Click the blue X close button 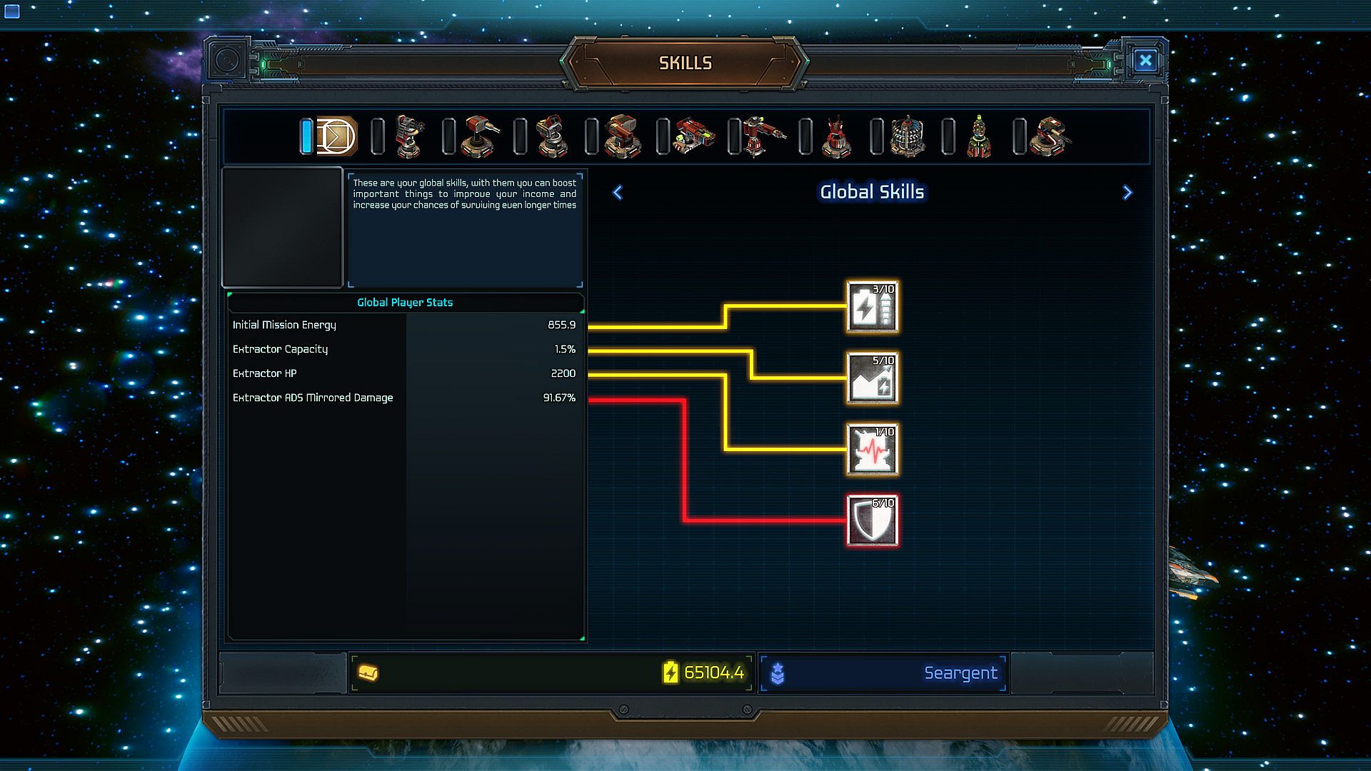(x=1145, y=61)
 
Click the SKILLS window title (x=685, y=63)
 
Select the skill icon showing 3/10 (x=873, y=307)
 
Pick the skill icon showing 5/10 (x=873, y=378)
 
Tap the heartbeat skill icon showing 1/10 (x=873, y=450)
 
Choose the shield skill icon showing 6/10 (x=873, y=521)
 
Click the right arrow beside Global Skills (x=1128, y=193)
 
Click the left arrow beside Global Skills (x=618, y=193)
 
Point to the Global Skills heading (x=872, y=192)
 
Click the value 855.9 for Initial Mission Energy (x=561, y=325)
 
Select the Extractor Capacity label (x=280, y=349)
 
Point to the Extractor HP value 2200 (x=563, y=373)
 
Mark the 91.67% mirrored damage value (x=559, y=398)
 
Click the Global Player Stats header (x=405, y=303)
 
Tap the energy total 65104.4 (x=713, y=672)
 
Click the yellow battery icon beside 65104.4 (x=671, y=672)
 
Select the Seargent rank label (x=960, y=673)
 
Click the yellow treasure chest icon (x=368, y=672)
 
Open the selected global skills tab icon (x=336, y=136)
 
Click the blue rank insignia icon (x=778, y=673)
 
